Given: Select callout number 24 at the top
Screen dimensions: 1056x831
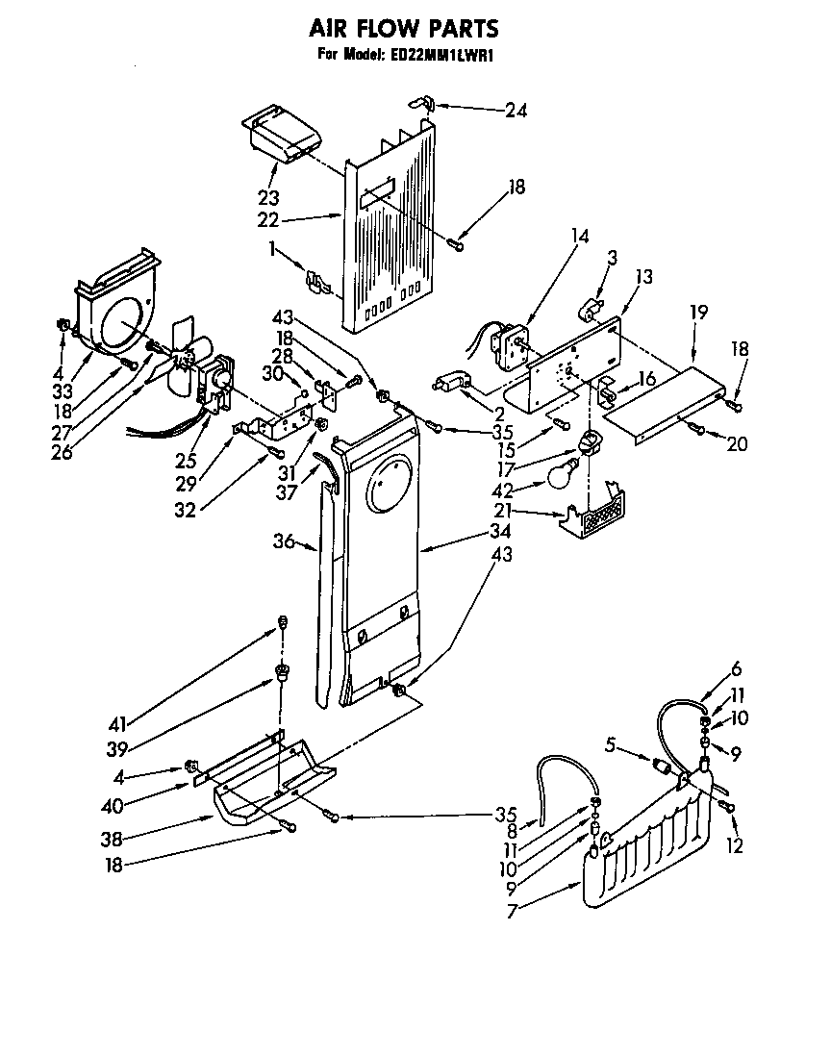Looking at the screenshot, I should coord(516,110).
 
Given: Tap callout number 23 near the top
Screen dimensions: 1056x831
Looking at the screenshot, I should coord(267,199).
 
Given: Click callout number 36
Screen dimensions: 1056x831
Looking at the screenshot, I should coord(283,541).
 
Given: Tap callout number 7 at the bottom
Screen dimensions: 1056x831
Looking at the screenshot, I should coord(513,911).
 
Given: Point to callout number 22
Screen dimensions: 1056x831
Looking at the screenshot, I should coord(267,220).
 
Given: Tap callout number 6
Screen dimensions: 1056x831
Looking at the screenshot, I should coord(736,670).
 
